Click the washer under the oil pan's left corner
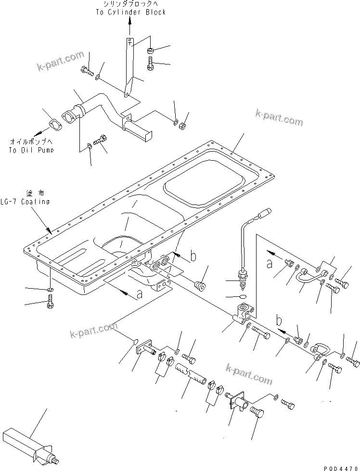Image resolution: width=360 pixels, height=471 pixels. click(50, 290)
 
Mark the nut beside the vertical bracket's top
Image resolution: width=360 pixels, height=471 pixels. click(150, 50)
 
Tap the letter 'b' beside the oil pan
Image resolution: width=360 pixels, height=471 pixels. click(193, 257)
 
